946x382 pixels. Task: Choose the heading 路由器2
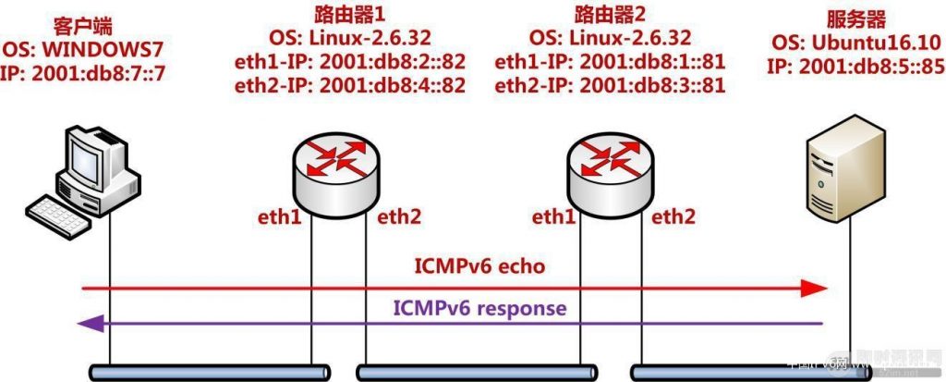pos(610,14)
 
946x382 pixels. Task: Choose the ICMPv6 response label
pos(479,308)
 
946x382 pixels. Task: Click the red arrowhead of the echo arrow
pos(814,289)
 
